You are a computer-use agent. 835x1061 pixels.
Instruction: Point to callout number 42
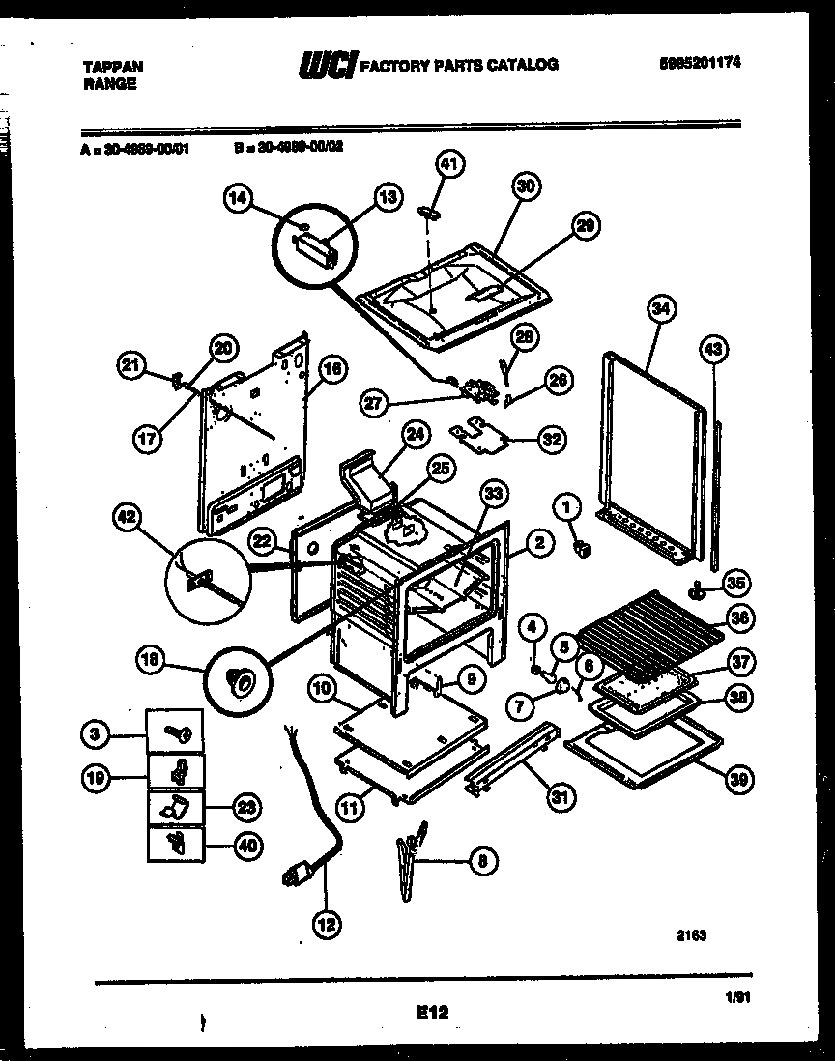tap(127, 517)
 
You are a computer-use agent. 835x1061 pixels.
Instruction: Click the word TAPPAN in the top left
tap(110, 67)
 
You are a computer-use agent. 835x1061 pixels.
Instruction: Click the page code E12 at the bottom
tap(433, 1013)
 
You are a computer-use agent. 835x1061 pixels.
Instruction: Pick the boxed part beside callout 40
tap(175, 844)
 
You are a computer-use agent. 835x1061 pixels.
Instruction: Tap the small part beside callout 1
tap(582, 548)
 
